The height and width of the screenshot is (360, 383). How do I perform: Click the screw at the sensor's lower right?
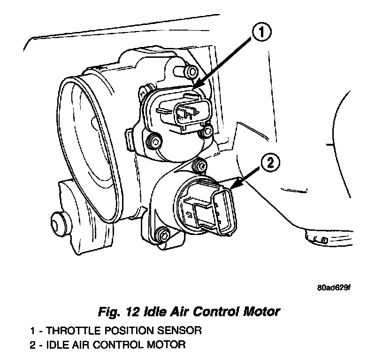[206, 133]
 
